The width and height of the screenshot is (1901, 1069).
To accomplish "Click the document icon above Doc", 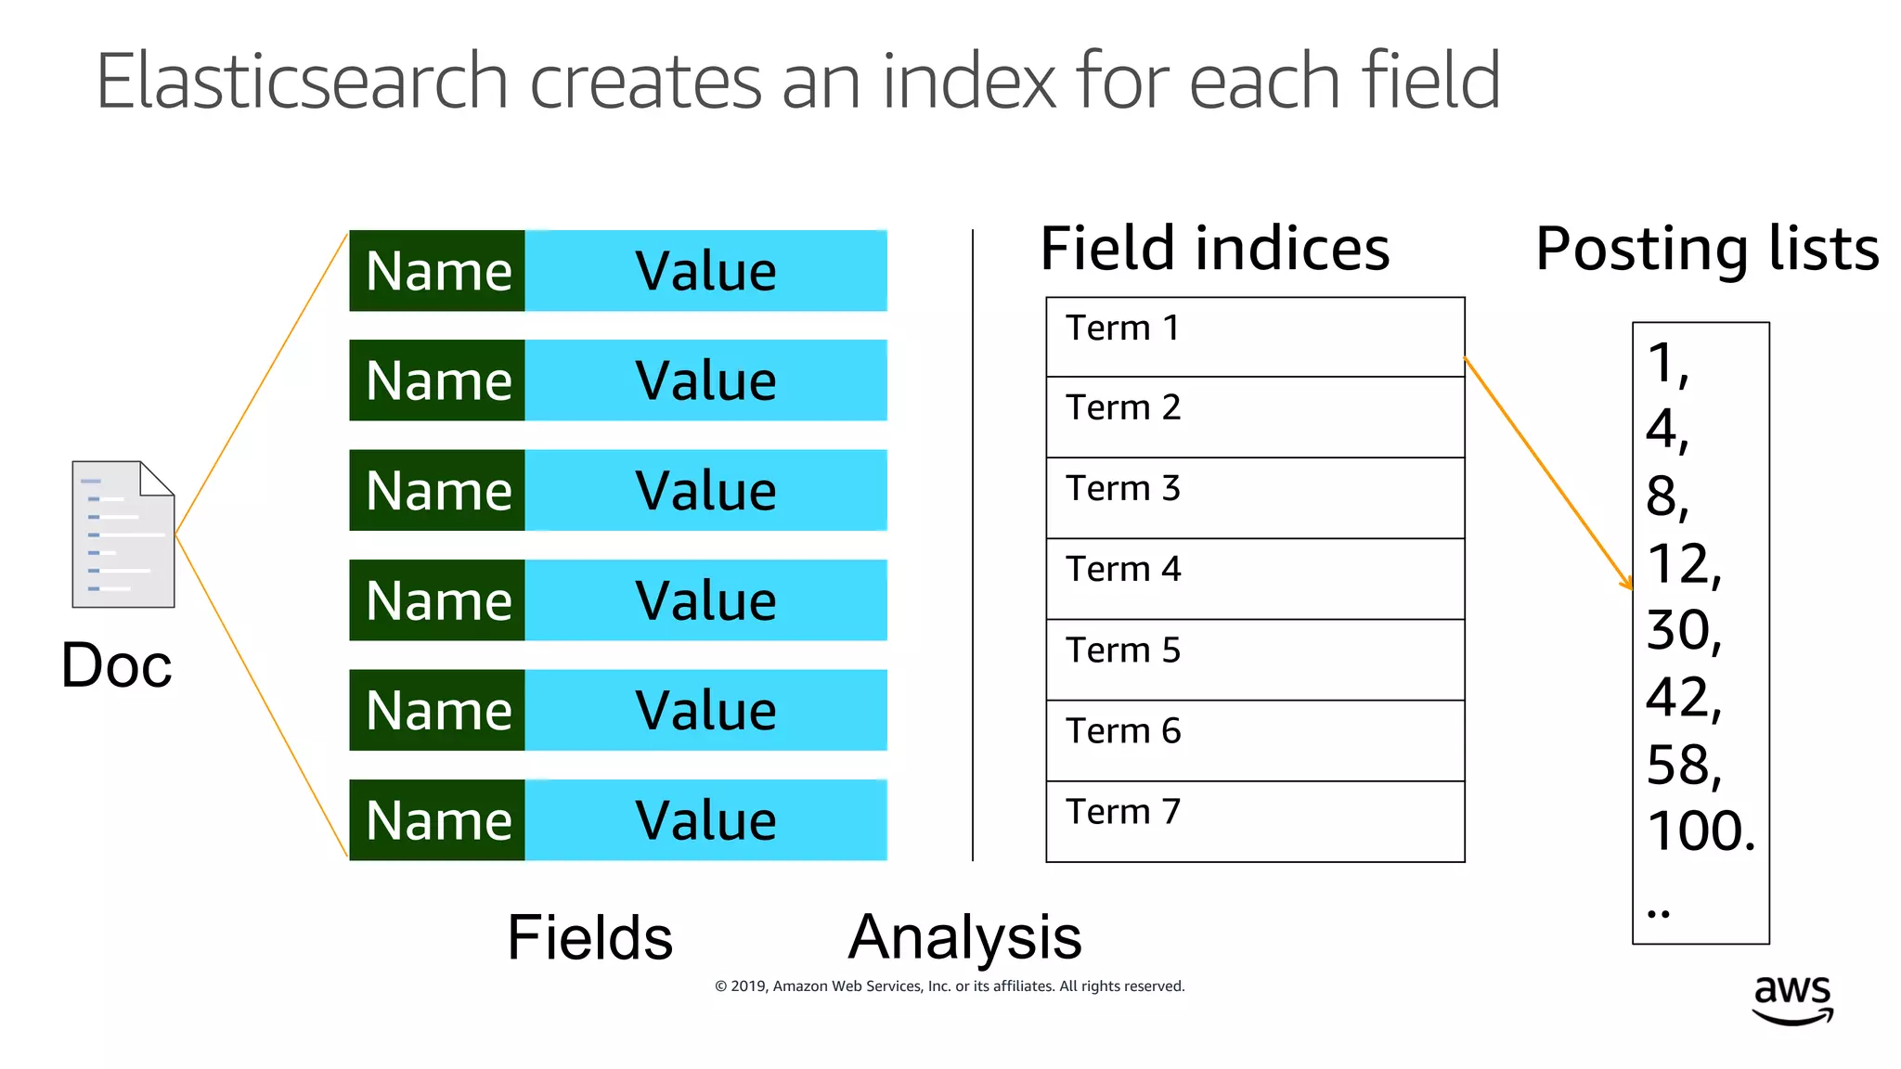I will click(123, 534).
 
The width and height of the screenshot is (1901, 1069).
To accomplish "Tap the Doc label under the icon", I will click(117, 665).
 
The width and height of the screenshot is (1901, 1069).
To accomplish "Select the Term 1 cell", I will click(1254, 337).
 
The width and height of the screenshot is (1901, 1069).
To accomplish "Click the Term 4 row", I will click(1254, 578).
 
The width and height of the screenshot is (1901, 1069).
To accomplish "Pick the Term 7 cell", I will click(1254, 821).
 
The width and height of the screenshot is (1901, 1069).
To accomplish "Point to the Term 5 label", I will click(1123, 650).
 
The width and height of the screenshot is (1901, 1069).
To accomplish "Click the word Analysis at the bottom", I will click(965, 936).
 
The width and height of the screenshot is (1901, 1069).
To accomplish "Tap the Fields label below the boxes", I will click(589, 937).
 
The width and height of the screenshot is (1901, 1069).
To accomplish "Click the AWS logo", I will click(1792, 999).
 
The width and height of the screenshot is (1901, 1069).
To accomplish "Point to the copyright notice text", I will click(950, 986).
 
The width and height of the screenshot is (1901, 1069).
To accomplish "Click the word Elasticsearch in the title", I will click(302, 82).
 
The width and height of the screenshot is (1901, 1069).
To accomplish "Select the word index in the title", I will click(969, 82).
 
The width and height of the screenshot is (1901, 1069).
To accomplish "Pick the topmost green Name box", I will click(438, 271).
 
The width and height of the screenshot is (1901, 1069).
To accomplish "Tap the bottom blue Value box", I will click(706, 820).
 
